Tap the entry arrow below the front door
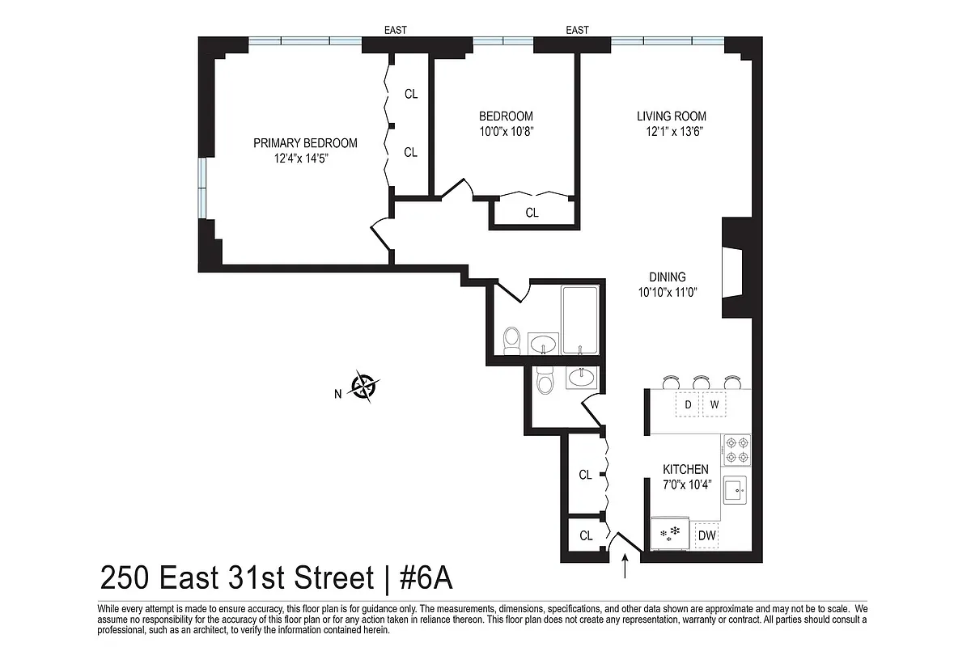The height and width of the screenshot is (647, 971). point(626,566)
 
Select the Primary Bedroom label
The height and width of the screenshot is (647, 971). point(305,143)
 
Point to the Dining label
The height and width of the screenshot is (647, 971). point(667,277)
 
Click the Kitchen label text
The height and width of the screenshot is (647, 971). point(685,469)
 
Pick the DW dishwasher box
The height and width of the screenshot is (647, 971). point(706,535)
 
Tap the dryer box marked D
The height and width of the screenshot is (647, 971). point(688,404)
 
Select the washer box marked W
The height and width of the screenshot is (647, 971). point(714,404)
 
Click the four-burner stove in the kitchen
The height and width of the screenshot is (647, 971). point(736,450)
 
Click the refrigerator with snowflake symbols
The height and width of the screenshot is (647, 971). point(670,534)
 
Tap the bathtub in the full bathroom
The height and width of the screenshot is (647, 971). point(580,319)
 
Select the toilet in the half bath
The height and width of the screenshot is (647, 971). point(545,380)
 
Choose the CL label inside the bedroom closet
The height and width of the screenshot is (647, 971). point(532,214)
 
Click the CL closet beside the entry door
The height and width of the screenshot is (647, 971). point(586,535)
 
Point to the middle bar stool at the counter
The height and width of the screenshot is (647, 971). point(701,382)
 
